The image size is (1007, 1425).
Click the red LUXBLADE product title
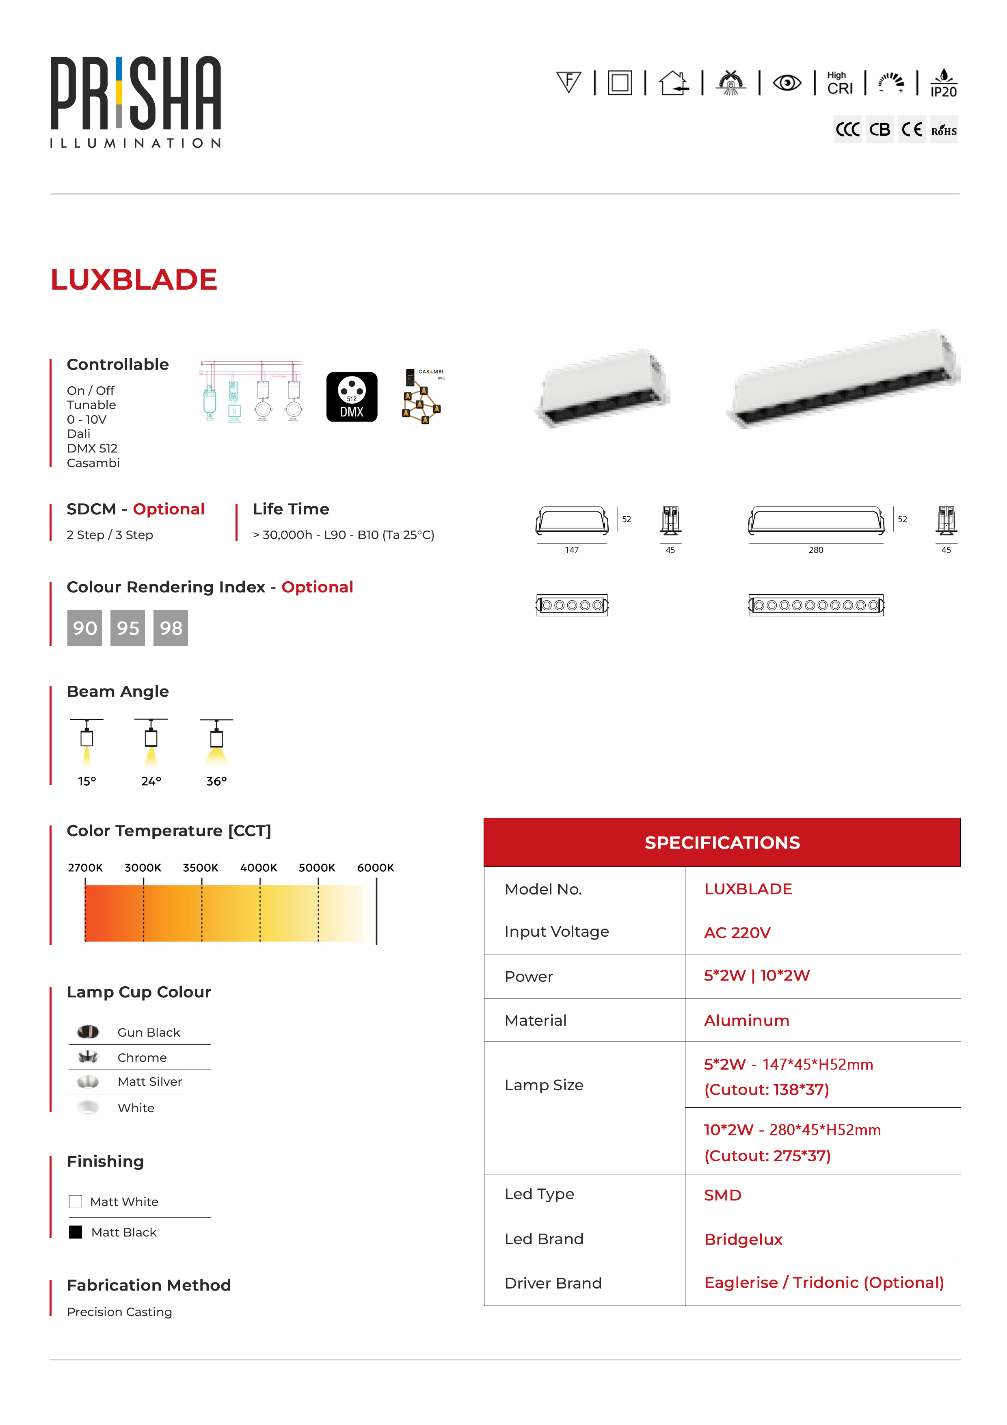click(134, 280)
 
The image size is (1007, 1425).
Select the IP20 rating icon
click(943, 83)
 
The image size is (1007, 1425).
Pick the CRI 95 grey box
click(128, 628)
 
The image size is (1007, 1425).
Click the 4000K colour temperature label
click(259, 868)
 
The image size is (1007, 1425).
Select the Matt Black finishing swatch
click(76, 1232)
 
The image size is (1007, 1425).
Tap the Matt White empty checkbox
click(76, 1202)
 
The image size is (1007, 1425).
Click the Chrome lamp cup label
click(142, 1057)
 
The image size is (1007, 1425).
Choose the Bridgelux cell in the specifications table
click(743, 1239)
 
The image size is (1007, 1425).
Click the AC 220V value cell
click(737, 933)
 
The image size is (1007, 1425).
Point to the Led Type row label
click(539, 1194)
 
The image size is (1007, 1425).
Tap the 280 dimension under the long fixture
click(816, 550)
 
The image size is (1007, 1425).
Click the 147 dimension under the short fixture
click(571, 550)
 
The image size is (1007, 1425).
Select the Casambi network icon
click(423, 398)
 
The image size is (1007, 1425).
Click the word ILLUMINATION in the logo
click(135, 143)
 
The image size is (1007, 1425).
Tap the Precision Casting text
click(120, 1312)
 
